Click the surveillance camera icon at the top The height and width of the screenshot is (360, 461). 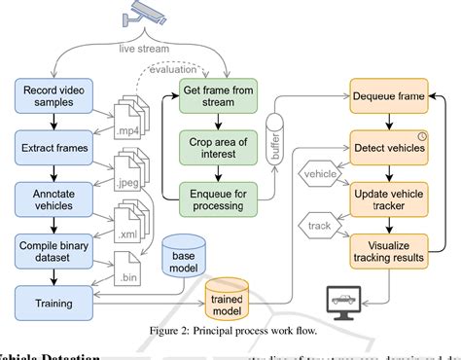(x=146, y=15)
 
